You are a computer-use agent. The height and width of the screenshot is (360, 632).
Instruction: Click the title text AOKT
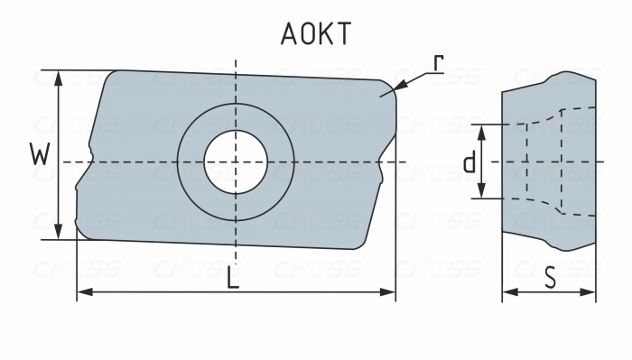315,33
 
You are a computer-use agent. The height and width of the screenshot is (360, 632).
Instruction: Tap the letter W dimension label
39,155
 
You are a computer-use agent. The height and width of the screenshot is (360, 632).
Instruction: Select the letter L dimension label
233,279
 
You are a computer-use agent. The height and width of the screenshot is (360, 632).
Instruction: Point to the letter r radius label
437,63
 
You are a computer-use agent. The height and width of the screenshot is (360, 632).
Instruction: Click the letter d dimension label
469,162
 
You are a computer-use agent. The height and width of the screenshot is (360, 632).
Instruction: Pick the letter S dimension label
549,279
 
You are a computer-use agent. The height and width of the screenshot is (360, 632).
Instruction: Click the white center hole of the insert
235,162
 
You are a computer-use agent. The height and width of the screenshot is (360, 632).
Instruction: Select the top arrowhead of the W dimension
59,72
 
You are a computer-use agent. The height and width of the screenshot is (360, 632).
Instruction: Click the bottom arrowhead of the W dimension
59,237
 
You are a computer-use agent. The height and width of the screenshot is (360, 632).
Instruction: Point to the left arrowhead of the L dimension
79,292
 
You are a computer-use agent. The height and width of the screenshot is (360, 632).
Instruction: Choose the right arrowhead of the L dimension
393,292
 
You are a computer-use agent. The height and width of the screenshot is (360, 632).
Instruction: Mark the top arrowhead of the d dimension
483,127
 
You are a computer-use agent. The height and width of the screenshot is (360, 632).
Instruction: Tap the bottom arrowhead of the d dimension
483,196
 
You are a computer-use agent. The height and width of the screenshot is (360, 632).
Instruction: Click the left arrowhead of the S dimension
505,292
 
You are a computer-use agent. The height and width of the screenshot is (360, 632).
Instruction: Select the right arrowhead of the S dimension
594,292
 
